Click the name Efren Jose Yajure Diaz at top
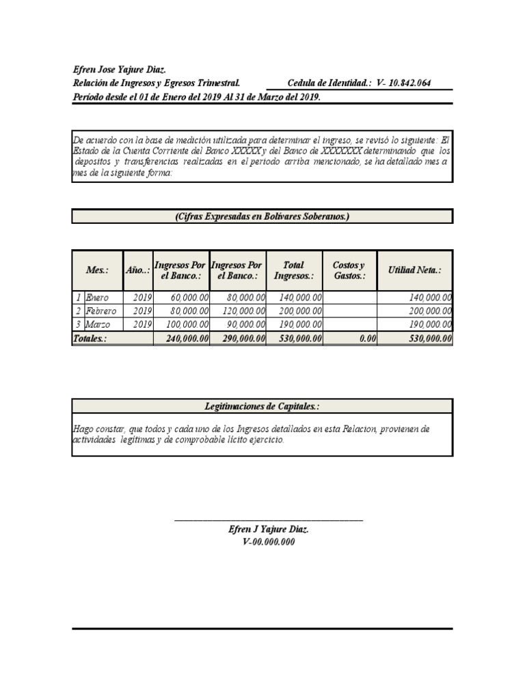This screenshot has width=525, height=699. point(120,70)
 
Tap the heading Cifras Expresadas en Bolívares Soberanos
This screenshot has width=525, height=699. point(262,216)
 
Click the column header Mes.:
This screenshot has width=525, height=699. point(97,270)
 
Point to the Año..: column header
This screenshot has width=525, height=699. point(137,270)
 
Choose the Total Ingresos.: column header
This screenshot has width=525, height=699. point(293,270)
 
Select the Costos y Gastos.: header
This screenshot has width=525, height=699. point(349,270)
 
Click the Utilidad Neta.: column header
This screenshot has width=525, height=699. point(414,270)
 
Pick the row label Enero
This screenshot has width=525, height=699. point(97,298)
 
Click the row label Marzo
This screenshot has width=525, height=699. point(98,324)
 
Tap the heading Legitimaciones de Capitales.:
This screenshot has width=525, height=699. point(262,406)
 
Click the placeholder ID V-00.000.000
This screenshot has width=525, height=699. point(269,542)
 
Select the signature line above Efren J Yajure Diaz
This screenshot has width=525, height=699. point(269,521)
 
